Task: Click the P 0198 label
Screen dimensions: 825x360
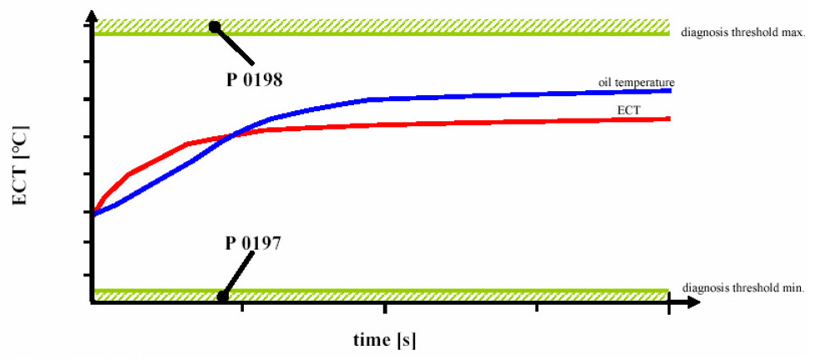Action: coord(255,80)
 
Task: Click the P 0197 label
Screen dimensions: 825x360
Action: coord(253,244)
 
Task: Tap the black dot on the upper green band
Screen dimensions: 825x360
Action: coord(214,26)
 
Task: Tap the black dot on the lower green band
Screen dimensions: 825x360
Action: coord(223,296)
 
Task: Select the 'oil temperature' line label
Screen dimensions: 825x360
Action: coord(636,83)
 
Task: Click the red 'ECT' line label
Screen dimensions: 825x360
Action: coord(628,109)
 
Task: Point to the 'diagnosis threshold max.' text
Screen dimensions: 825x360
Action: coord(743,33)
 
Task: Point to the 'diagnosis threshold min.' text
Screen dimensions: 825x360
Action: coord(743,288)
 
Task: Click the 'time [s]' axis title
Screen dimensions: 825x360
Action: coord(384,339)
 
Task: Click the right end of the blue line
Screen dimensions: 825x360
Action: coord(671,90)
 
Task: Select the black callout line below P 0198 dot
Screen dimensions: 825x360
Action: coord(234,45)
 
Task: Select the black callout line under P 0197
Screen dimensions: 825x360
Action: coord(238,274)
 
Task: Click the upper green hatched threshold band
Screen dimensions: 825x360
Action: coord(382,28)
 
